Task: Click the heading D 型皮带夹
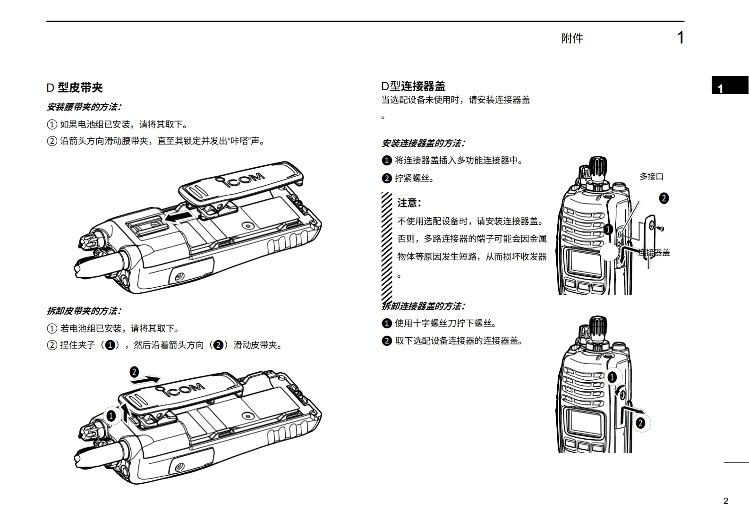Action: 74,87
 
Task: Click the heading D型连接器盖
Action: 413,86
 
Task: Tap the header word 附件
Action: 572,38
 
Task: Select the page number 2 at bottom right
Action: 726,501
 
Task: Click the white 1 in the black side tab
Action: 720,88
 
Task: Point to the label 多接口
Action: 651,177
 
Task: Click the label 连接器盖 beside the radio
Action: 654,253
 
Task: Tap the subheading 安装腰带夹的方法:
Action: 84,107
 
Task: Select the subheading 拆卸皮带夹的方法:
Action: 84,311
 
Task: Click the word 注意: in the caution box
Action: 409,203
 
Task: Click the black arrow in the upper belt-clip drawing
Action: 179,217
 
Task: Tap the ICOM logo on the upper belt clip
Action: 241,180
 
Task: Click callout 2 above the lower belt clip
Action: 134,372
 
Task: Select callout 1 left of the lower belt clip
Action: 111,416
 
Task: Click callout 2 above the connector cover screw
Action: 664,198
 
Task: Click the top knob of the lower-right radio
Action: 597,326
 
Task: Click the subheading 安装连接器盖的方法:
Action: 423,143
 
